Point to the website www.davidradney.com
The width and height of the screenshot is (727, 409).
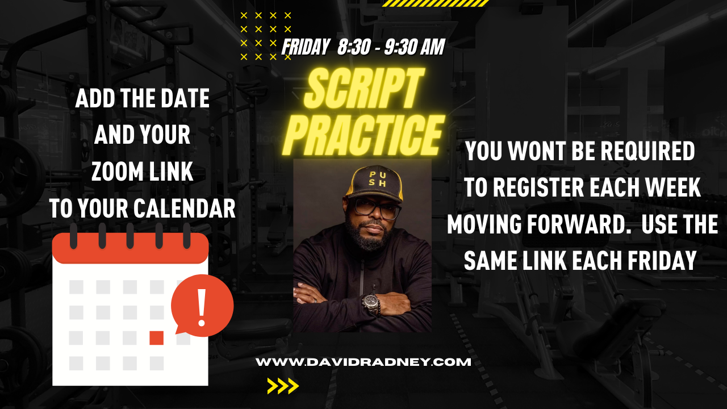(363, 362)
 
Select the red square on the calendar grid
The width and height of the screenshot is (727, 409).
(156, 337)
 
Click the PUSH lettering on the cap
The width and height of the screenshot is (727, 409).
(375, 180)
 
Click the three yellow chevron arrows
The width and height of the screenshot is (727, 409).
(283, 386)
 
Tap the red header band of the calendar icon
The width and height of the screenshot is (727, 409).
(130, 250)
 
